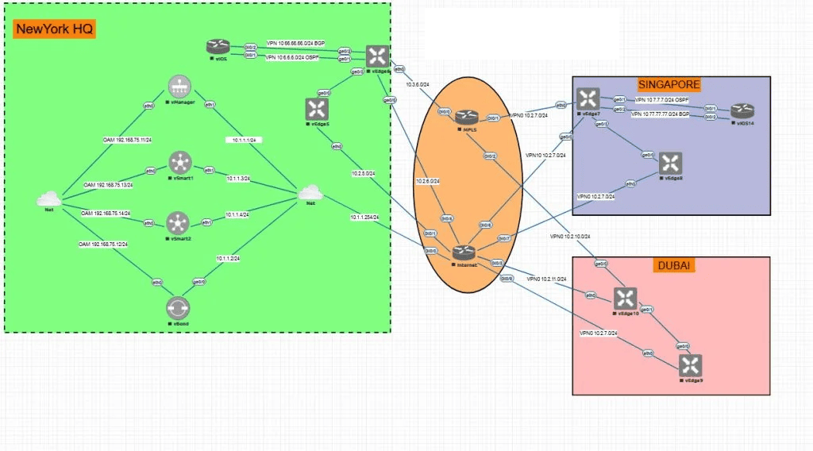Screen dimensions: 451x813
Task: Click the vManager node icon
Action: click(x=178, y=87)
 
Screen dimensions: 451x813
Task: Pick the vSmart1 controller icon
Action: click(x=179, y=164)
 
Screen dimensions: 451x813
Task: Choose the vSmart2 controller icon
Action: click(x=179, y=222)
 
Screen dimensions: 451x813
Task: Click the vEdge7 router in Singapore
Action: click(x=588, y=98)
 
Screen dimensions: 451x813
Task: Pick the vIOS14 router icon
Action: click(x=742, y=110)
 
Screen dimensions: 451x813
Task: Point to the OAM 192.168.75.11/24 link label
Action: click(x=128, y=140)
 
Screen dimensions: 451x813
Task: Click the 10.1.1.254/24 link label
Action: click(x=364, y=217)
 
